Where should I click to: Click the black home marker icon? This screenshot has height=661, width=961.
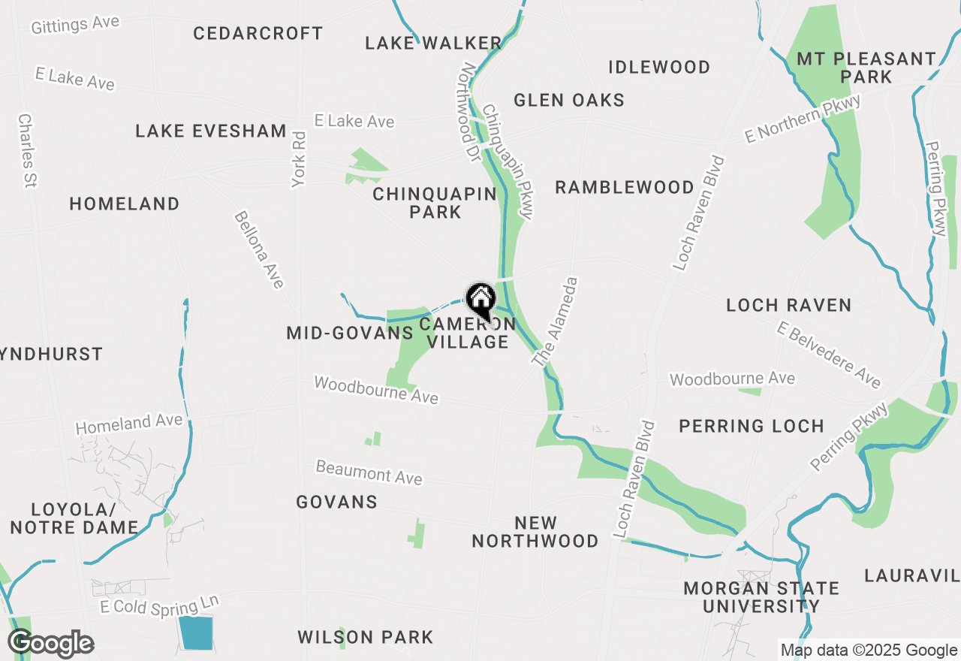480,301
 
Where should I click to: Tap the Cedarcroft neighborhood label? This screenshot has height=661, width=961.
258,34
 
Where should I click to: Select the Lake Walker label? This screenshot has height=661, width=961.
433,44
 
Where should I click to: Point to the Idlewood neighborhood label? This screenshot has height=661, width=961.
659,68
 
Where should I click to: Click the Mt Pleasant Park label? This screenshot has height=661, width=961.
866,68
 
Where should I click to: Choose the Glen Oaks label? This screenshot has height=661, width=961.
569,101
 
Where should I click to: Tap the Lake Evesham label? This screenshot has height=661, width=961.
211,131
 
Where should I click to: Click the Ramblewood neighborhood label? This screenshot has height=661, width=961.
625,188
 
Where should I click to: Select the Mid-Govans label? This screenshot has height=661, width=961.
350,334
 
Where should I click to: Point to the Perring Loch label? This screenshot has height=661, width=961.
752,427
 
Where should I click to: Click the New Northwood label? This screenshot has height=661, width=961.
535,532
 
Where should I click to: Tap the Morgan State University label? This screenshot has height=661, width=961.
761,597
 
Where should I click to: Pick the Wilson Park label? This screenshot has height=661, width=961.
366,638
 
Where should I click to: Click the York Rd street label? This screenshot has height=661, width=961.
299,159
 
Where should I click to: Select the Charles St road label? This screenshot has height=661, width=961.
28,150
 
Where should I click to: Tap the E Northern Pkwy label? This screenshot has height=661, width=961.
802,119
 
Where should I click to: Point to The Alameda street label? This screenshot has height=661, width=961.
556,322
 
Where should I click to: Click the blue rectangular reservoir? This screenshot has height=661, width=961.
196,633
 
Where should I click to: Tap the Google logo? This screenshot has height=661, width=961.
50,644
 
